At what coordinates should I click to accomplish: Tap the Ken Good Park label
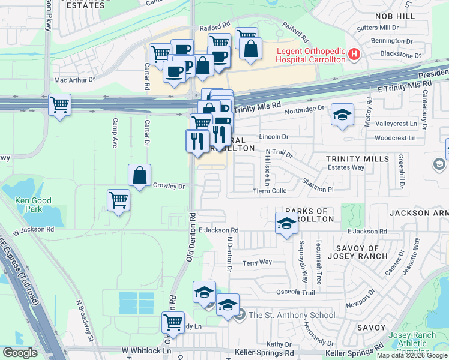[34, 205]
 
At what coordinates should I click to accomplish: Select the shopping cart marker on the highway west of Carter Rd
[59, 105]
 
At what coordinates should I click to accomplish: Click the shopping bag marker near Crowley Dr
[139, 175]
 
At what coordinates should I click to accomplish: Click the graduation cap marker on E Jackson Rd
[286, 223]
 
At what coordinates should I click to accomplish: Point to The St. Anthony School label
[292, 315]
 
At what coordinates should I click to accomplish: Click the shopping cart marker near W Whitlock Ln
[173, 322]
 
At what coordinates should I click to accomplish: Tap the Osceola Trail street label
[295, 292]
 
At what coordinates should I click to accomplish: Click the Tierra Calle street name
[270, 191]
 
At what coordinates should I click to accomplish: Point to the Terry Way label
[257, 263]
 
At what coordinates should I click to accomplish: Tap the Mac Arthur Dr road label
[74, 79]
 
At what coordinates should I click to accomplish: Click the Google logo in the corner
[20, 353]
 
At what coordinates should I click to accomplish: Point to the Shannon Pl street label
[317, 182]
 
